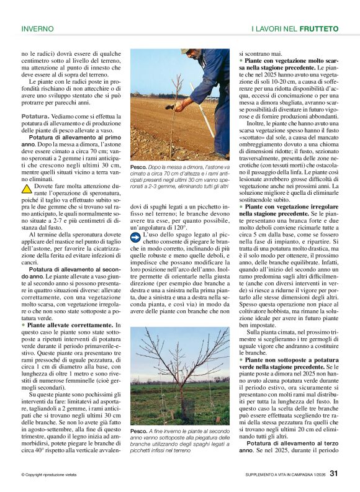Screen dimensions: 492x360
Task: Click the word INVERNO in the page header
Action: point(37,29)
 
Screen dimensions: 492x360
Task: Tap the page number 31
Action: point(334,474)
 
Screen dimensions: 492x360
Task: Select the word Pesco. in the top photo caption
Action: point(138,168)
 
